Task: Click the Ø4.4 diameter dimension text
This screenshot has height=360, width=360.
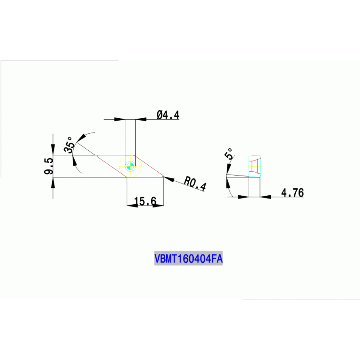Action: (x=168, y=115)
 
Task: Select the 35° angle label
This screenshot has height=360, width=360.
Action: (x=69, y=145)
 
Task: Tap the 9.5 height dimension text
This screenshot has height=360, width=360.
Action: (x=48, y=167)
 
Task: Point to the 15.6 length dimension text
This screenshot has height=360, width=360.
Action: (x=145, y=201)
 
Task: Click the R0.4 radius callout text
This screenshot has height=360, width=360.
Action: (x=195, y=183)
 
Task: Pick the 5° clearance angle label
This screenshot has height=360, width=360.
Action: (x=229, y=155)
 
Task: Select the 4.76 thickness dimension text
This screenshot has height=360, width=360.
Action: (x=292, y=192)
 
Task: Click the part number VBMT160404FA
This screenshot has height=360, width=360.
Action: (x=188, y=258)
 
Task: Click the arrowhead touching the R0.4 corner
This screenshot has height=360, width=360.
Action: (x=169, y=179)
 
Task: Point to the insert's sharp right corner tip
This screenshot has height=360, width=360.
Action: (x=163, y=176)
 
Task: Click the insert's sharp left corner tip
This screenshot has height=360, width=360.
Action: (x=96, y=155)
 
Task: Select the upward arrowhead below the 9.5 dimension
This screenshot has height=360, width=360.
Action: (x=53, y=182)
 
